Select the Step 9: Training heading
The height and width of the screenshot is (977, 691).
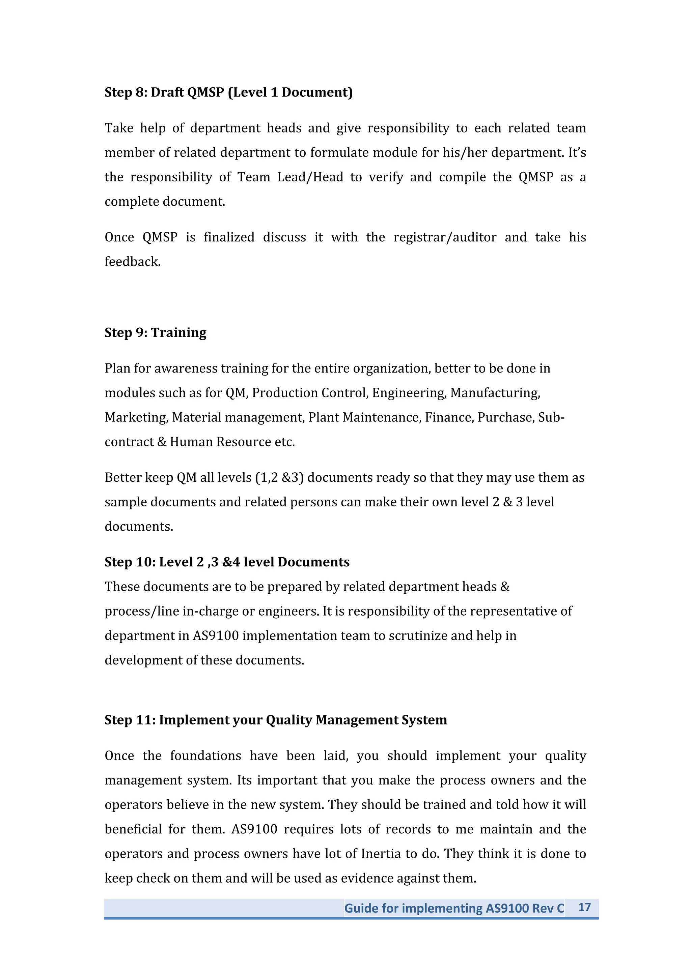(156, 332)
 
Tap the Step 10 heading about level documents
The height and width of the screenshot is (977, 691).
(227, 562)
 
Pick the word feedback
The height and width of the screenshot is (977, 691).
(132, 262)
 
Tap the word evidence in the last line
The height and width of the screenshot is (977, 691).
(366, 878)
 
